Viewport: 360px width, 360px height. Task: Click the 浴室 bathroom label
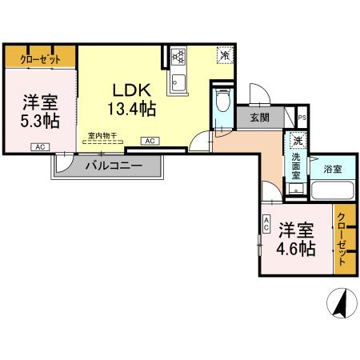point(333,170)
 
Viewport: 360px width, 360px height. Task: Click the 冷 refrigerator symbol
point(225,56)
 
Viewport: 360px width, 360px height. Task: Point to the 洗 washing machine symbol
point(297,141)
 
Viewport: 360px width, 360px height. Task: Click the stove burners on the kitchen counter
point(178,58)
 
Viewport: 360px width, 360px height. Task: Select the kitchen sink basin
point(177,82)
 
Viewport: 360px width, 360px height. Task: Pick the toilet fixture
point(222,103)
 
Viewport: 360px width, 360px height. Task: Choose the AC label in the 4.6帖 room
point(266,226)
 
